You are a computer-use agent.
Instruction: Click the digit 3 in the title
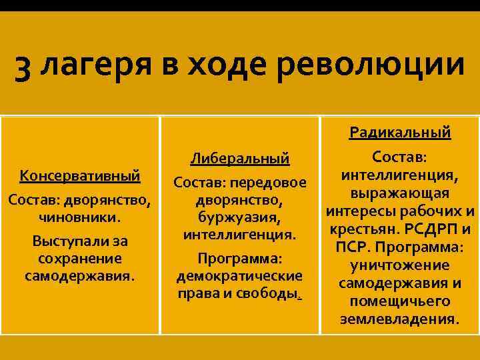click(23, 70)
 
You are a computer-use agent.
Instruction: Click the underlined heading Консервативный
click(80, 176)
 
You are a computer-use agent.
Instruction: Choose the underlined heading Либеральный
click(239, 159)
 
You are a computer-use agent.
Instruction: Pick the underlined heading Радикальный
click(400, 133)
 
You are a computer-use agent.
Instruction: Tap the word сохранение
click(80, 258)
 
